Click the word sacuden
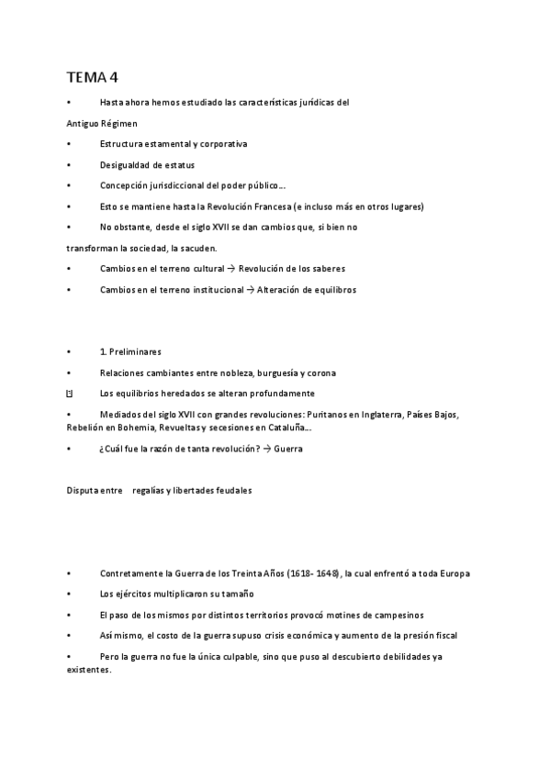click(199, 248)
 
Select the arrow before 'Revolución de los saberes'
click(231, 269)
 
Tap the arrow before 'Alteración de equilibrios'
click(252, 289)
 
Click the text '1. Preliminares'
click(130, 351)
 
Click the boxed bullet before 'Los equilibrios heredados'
click(70, 394)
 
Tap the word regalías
click(151, 490)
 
